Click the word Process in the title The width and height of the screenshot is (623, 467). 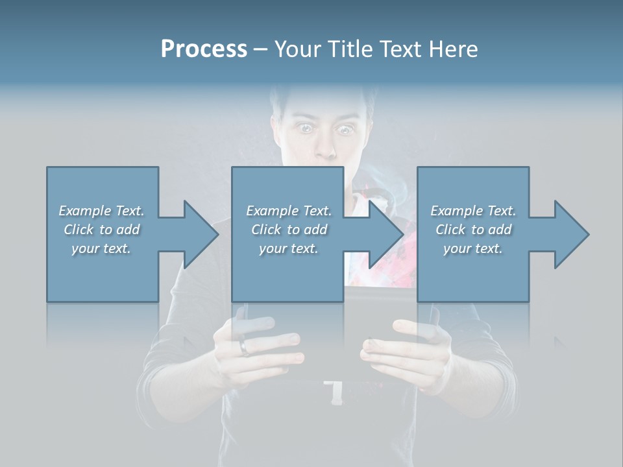(204, 49)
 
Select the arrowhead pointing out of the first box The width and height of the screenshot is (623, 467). (197, 234)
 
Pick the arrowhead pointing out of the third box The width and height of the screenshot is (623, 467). (568, 234)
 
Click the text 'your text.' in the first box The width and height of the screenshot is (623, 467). (102, 248)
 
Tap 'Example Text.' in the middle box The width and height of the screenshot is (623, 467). (289, 211)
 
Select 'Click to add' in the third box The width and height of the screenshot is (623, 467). (474, 230)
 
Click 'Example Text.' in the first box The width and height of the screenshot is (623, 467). (102, 211)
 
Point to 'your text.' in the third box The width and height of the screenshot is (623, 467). (474, 248)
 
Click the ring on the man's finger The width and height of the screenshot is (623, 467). (244, 348)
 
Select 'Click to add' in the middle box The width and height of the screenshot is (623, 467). (289, 230)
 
